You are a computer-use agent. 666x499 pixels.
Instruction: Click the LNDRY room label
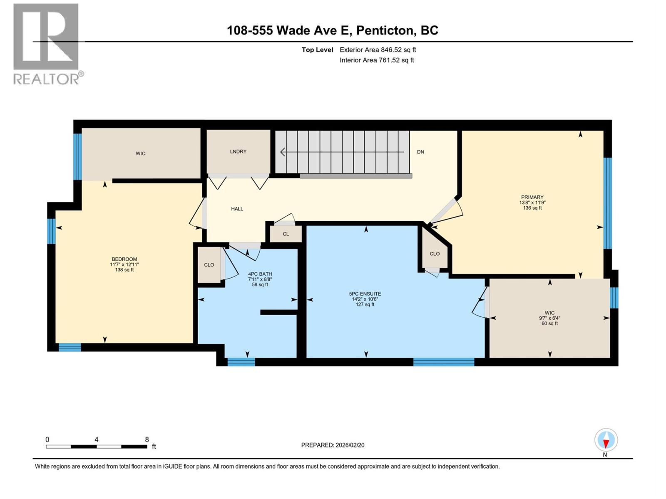click(238, 151)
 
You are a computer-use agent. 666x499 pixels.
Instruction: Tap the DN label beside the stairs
click(420, 152)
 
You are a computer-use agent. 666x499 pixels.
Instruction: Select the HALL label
click(237, 209)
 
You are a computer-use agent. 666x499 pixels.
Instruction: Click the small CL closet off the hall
click(286, 234)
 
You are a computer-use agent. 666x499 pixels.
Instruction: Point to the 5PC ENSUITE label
click(365, 294)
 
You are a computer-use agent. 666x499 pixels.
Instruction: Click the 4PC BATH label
click(260, 274)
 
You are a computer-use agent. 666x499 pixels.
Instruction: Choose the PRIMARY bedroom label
click(532, 197)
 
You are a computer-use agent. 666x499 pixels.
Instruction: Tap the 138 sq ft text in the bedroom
click(124, 270)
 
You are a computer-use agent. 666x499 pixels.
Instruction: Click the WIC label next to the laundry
click(140, 153)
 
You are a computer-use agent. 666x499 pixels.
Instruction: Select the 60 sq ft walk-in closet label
click(549, 324)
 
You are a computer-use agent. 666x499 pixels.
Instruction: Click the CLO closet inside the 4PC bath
click(209, 265)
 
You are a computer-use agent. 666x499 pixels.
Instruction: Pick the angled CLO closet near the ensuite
click(435, 254)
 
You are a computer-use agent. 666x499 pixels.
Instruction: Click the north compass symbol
click(606, 440)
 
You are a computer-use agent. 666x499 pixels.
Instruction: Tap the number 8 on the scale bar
click(147, 440)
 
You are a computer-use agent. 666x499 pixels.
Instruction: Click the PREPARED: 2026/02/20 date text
click(333, 445)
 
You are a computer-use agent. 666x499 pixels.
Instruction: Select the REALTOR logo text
click(47, 79)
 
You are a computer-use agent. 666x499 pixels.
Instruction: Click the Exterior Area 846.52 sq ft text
click(378, 50)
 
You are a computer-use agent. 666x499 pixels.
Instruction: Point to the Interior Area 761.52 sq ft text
click(377, 60)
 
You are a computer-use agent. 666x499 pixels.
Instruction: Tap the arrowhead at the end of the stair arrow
click(282, 152)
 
